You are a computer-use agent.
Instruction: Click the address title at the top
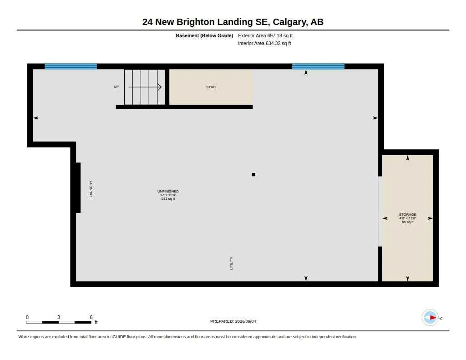point(233,22)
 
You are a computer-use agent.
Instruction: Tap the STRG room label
point(211,87)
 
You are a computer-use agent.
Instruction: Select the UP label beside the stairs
point(116,86)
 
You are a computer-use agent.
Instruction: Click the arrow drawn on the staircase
point(145,87)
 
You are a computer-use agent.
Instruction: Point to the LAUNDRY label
point(91,189)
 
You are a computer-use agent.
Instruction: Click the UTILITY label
point(231,264)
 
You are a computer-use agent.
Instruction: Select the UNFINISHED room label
point(168,191)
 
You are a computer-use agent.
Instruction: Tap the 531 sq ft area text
point(168,198)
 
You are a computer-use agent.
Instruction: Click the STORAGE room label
point(407,214)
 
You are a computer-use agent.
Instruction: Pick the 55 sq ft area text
point(407,222)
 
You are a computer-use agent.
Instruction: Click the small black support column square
point(253,174)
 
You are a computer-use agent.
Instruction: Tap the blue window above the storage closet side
point(318,66)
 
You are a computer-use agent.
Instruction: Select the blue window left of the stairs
point(71,66)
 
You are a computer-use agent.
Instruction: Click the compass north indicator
point(430,318)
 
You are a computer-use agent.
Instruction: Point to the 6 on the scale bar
point(91,317)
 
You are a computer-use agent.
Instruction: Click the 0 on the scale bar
point(27,317)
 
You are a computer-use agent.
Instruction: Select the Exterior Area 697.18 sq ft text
point(265,35)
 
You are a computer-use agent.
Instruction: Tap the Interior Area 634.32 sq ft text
point(264,43)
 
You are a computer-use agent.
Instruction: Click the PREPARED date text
point(233,321)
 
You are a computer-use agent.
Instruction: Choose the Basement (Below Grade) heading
point(204,35)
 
